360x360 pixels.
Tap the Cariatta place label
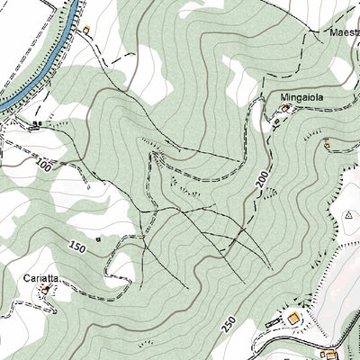coord(41,278)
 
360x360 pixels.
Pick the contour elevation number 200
coord(262,184)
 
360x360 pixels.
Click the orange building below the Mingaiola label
coord(287,109)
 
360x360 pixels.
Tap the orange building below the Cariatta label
coord(45,290)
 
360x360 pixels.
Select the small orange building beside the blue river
coord(86,30)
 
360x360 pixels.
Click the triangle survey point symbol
coord(347,215)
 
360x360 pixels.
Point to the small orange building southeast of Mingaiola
coord(328,142)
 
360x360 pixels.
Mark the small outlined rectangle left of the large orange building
coord(272,322)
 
